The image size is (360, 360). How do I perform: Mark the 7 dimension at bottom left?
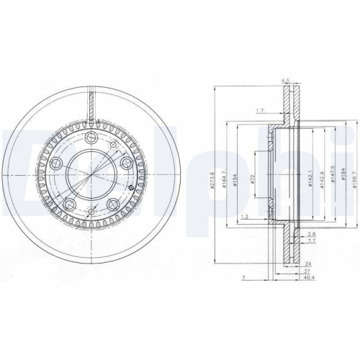point(245,276)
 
